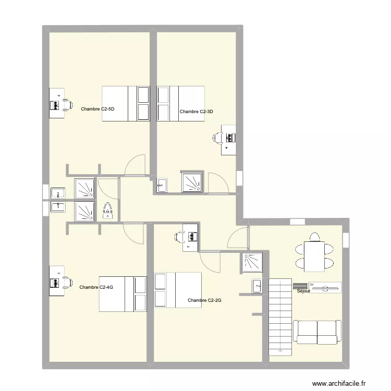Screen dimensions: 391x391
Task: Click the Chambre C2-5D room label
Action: pos(97,109)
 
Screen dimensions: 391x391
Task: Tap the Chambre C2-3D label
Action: pos(196,112)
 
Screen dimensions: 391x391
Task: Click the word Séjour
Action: pos(303,291)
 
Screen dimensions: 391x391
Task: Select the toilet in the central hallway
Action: pos(108,210)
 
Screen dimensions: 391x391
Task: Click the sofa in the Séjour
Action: pos(317,332)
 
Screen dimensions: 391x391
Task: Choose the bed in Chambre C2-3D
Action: pos(180,104)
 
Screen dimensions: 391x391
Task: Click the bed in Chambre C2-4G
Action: pos(123,294)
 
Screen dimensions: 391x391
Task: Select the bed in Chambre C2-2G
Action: pos(178,290)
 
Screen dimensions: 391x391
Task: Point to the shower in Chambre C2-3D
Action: pos(193,182)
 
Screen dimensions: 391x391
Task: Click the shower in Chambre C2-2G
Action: pos(252,262)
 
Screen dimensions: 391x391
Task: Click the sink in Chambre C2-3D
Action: pos(162,184)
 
